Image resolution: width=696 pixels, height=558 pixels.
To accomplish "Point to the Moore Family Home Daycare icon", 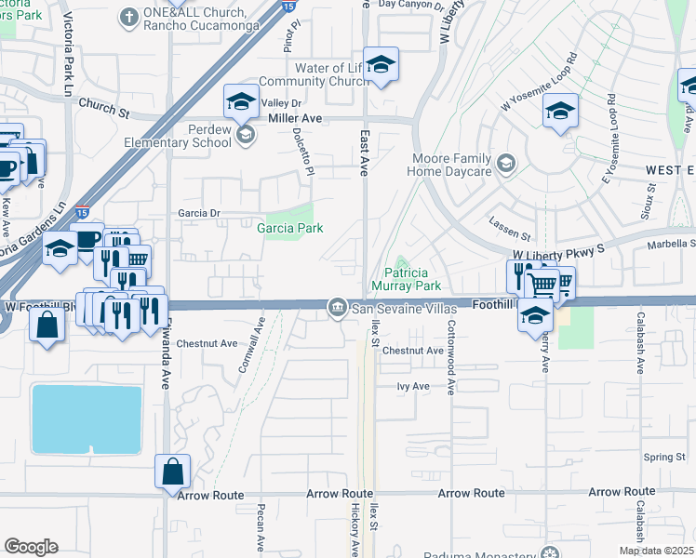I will [505, 164].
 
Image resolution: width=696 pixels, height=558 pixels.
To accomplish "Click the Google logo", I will [31, 547].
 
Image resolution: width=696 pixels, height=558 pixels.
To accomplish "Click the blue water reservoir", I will [87, 418].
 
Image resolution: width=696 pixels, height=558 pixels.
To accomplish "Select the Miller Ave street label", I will [294, 119].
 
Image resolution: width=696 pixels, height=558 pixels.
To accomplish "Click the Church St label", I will [103, 108].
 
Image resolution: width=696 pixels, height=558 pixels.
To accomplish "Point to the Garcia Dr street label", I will [199, 213].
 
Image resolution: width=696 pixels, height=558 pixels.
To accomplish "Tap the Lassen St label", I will [510, 223].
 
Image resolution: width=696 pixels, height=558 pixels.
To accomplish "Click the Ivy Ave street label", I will [412, 386].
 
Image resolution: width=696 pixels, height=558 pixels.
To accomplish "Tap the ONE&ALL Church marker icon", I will [127, 16].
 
